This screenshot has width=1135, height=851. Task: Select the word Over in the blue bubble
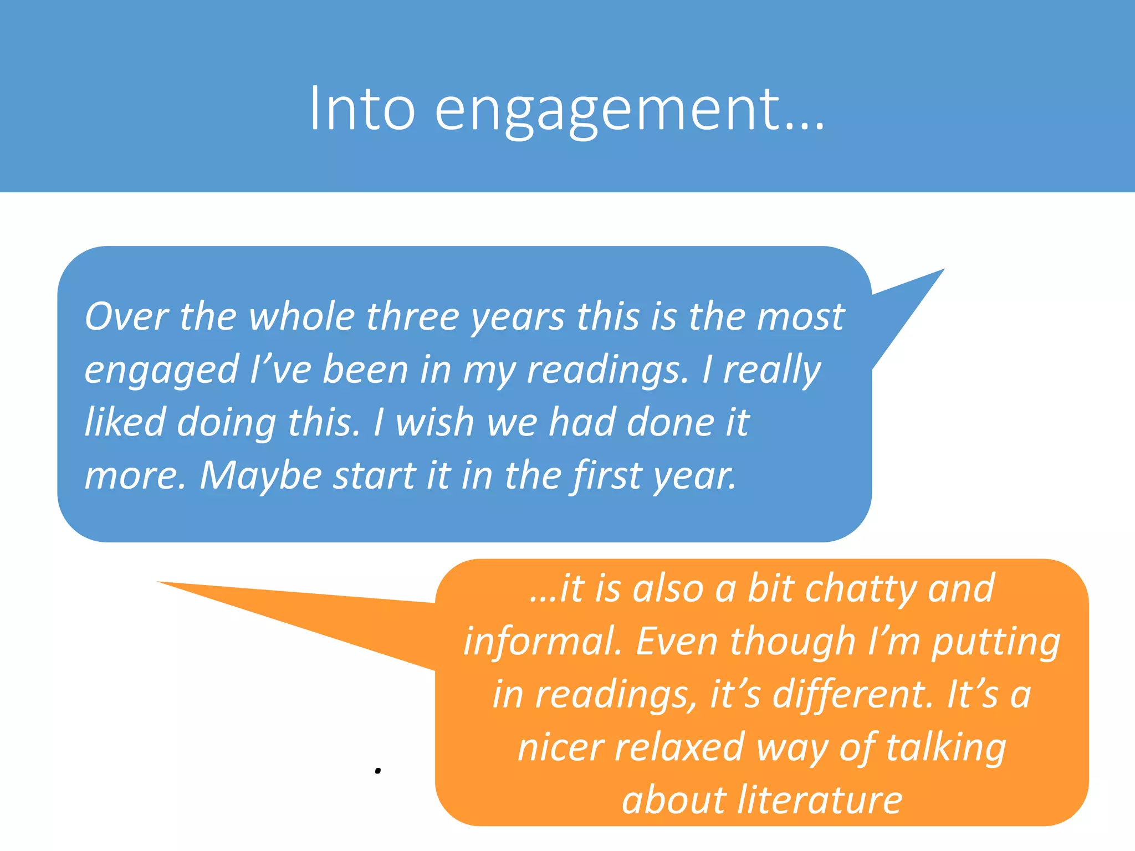pos(126,317)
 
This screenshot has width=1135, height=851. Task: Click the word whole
pos(301,317)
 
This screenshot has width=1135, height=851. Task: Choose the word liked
pos(125,422)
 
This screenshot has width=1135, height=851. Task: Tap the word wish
pos(434,422)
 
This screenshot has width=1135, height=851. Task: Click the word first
pos(606,475)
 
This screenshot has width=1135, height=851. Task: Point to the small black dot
pos(378,771)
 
